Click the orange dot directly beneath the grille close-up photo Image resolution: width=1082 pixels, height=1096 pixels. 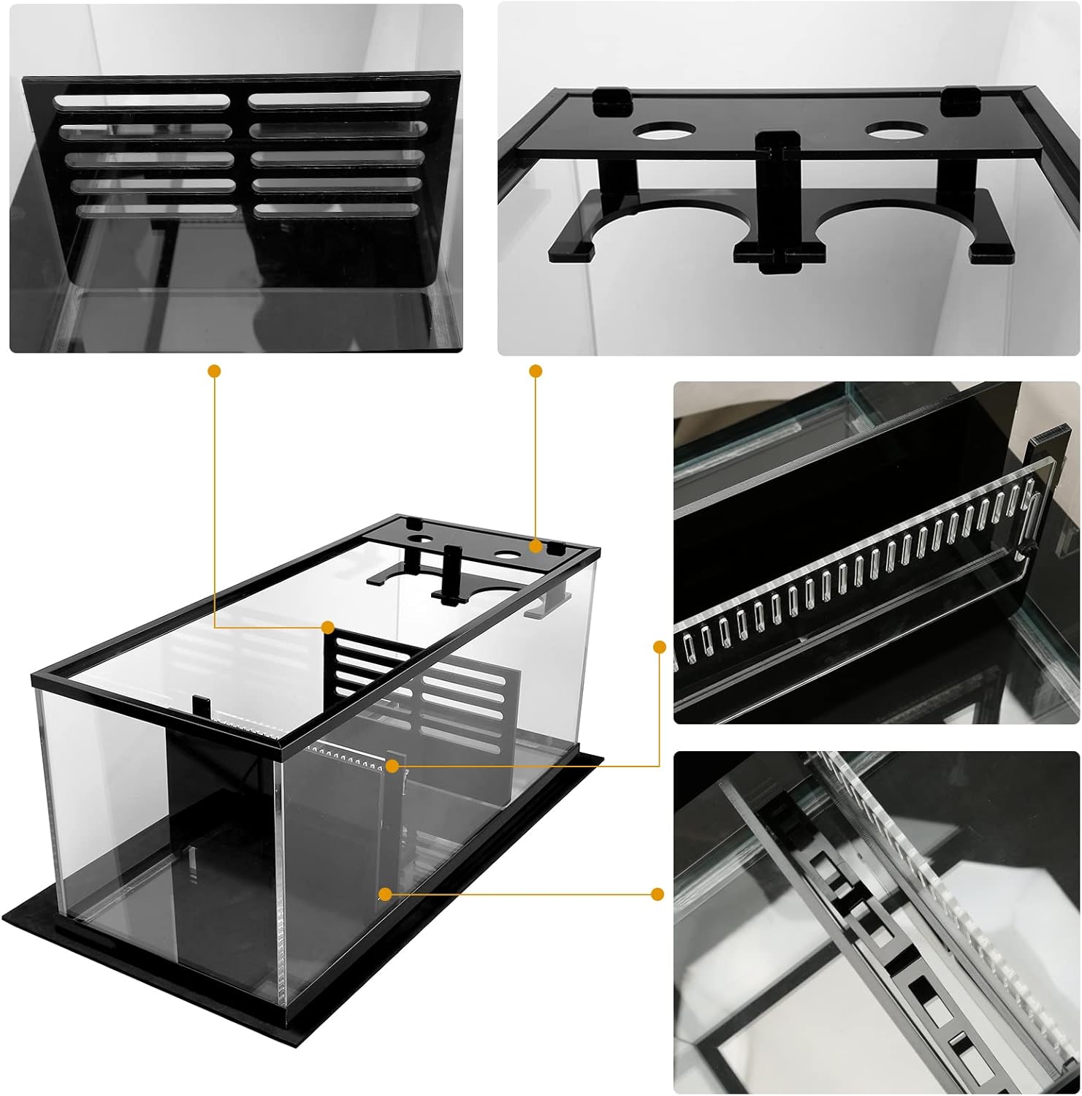[x=214, y=371]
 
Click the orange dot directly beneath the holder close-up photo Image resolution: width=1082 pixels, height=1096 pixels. [x=536, y=371]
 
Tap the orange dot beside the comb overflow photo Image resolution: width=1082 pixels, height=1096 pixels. [x=660, y=647]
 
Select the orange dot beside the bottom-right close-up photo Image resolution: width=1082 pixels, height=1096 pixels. [x=658, y=894]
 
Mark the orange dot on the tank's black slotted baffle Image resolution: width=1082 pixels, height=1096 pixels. [x=328, y=628]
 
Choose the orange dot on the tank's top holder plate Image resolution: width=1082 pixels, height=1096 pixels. [x=536, y=546]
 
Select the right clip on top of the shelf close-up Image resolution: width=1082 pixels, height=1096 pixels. [x=957, y=100]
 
